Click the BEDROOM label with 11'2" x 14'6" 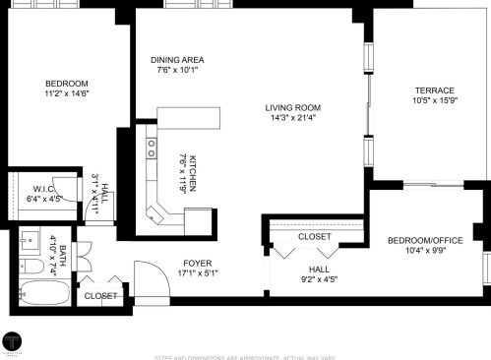[x=67, y=83]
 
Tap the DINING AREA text [x=177, y=58]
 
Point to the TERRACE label [x=433, y=90]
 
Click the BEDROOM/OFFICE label [x=425, y=241]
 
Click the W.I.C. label [x=42, y=188]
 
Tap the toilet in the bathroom [x=31, y=266]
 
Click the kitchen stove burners [x=152, y=148]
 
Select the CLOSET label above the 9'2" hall [x=314, y=236]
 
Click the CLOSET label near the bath [x=99, y=295]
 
